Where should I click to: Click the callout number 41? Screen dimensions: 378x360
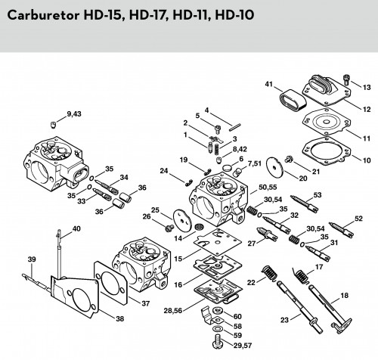pyautogui.click(x=269, y=84)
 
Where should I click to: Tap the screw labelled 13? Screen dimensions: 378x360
pyautogui.click(x=346, y=79)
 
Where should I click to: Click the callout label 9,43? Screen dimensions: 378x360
pyautogui.click(x=74, y=114)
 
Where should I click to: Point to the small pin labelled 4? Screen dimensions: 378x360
pyautogui.click(x=235, y=127)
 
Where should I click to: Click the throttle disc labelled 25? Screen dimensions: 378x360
pyautogui.click(x=182, y=219)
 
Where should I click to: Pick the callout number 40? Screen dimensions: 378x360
pyautogui.click(x=76, y=228)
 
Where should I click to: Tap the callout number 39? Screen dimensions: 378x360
pyautogui.click(x=32, y=259)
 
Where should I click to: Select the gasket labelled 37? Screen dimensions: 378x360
pyautogui.click(x=110, y=283)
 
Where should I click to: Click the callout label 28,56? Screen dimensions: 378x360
pyautogui.click(x=173, y=311)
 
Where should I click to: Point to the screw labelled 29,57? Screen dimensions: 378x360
pyautogui.click(x=218, y=341)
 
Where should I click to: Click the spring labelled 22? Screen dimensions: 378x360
pyautogui.click(x=269, y=273)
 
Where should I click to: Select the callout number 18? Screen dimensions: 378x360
pyautogui.click(x=344, y=295)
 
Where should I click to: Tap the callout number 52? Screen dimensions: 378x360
pyautogui.click(x=358, y=219)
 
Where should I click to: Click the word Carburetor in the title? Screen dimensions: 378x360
pyautogui.click(x=43, y=16)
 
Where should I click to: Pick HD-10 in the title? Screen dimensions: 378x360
pyautogui.click(x=235, y=15)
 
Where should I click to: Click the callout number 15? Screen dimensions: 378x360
pyautogui.click(x=178, y=259)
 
